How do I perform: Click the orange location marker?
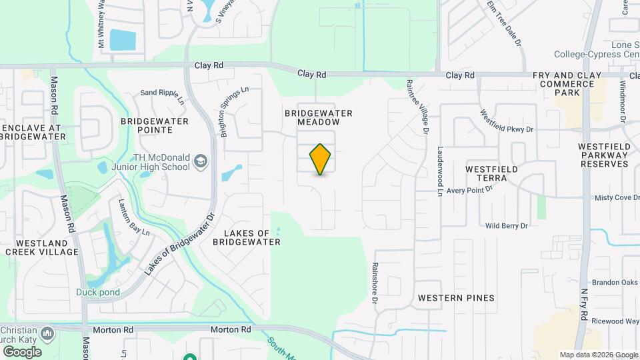(x=321, y=159)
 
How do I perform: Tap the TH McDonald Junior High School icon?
(x=201, y=161)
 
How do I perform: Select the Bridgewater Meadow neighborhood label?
(x=318, y=117)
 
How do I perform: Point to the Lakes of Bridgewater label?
(x=247, y=237)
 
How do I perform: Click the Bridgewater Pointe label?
(x=155, y=125)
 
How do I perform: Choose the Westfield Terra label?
(x=491, y=173)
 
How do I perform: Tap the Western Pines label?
(x=456, y=297)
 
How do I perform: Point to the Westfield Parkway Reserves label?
(x=603, y=155)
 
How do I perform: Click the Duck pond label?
(x=98, y=292)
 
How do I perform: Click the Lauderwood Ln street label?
(x=440, y=171)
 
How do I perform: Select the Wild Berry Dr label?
(x=507, y=226)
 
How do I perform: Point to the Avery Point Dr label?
(x=470, y=189)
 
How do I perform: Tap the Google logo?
(x=22, y=351)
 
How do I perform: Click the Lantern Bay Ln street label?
(x=133, y=217)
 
